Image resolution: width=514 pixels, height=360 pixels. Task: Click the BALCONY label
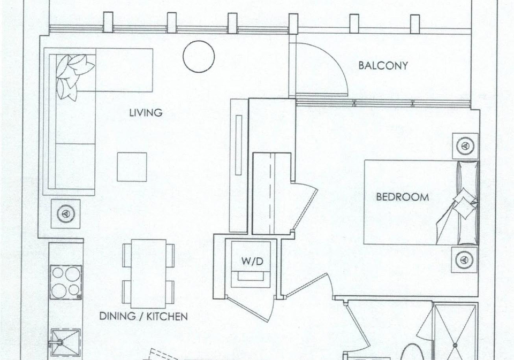click(383, 65)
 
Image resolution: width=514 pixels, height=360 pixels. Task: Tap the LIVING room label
click(146, 113)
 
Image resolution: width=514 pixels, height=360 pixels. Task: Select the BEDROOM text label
click(402, 197)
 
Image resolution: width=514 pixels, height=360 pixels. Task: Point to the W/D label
click(252, 262)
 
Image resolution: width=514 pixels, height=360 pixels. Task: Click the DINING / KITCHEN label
click(143, 316)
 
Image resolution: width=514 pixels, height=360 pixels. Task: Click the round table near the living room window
click(199, 56)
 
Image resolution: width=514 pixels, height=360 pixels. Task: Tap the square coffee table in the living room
click(132, 167)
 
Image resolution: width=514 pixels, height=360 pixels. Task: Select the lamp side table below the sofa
click(65, 214)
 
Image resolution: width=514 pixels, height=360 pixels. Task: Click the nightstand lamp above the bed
click(465, 145)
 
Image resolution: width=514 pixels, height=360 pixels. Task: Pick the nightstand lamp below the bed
click(464, 259)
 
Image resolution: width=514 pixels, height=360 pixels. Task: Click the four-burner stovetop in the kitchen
click(65, 282)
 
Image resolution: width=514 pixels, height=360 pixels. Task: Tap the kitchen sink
click(65, 343)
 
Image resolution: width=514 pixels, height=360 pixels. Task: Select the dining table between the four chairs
click(148, 273)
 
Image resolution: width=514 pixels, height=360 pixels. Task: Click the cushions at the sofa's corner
click(73, 76)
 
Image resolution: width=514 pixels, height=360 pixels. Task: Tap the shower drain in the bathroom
click(455, 345)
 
